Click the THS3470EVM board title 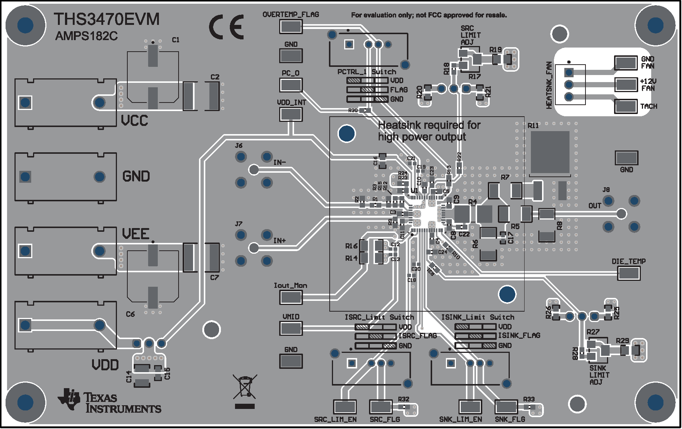[107, 19]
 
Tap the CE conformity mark [226, 27]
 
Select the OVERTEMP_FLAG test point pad [291, 26]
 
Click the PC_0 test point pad [291, 85]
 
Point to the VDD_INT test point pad [291, 114]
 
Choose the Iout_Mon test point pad [291, 297]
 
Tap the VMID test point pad [291, 328]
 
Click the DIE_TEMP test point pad [629, 274]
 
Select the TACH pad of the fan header [626, 107]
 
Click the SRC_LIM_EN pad [345, 407]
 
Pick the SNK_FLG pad [506, 407]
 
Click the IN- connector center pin [254, 170]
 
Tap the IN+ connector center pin [254, 248]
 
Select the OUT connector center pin [621, 214]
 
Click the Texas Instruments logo [110, 402]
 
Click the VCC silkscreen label [134, 121]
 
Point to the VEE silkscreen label [136, 234]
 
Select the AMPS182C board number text [87, 36]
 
